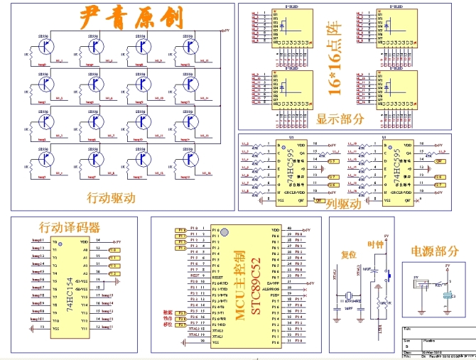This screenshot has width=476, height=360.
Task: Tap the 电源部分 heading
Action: pyautogui.click(x=434, y=251)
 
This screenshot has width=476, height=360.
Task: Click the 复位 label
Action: pyautogui.click(x=348, y=254)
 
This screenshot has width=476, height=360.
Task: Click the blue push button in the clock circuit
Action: pyautogui.click(x=389, y=273)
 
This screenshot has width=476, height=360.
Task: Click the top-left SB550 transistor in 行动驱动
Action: pyautogui.click(x=45, y=47)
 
